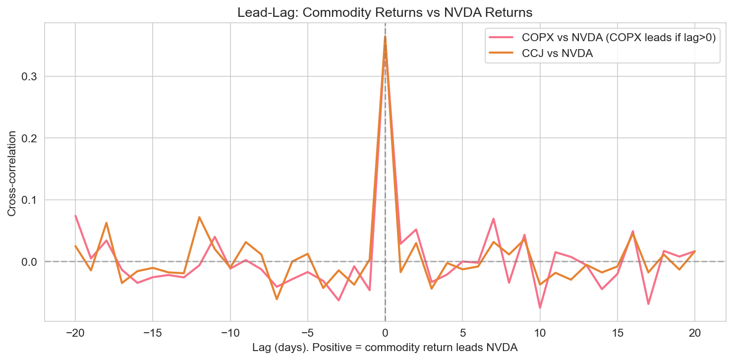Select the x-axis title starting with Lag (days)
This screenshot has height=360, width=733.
(385, 348)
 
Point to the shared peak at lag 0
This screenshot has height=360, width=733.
(385, 37)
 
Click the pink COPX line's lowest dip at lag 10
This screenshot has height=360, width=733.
(540, 307)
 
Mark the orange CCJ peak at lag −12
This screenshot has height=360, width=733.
(199, 217)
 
